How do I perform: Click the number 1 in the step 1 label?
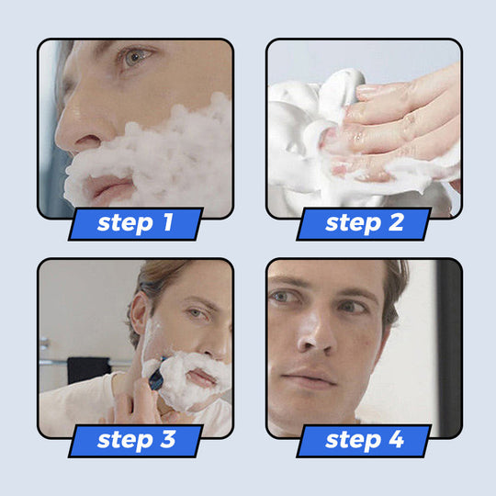click(168, 222)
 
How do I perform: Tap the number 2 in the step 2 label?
click(396, 222)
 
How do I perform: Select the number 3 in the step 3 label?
click(168, 439)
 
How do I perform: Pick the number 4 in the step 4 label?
click(396, 439)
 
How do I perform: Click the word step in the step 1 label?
click(125, 224)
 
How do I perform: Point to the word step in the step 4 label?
click(353, 441)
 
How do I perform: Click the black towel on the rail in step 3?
click(87, 369)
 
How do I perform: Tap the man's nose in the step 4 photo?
click(316, 335)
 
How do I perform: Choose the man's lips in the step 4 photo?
click(309, 378)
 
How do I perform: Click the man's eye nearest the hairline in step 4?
click(352, 307)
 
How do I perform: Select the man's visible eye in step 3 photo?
click(195, 313)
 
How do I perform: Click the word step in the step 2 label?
click(353, 224)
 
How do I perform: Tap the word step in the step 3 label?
click(125, 441)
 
